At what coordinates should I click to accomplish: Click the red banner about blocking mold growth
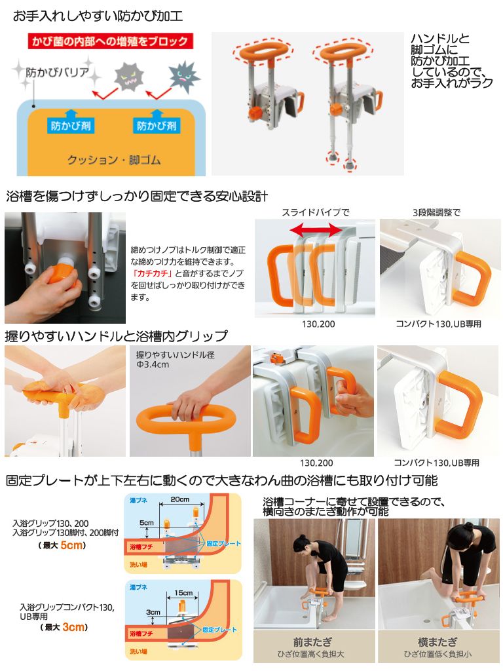(110, 41)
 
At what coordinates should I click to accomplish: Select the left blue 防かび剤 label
(71, 126)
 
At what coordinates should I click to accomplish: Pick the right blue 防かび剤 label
(157, 126)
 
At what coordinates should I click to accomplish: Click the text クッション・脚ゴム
(114, 160)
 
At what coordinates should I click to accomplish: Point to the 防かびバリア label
(57, 72)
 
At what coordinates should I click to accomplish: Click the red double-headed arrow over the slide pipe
(316, 231)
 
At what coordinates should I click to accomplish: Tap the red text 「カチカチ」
(152, 273)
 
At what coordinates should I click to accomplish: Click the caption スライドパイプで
(316, 212)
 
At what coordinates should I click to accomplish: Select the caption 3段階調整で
(436, 212)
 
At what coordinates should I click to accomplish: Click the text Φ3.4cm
(153, 365)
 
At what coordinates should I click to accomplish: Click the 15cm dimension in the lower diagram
(183, 592)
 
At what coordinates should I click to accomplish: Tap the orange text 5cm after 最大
(72, 545)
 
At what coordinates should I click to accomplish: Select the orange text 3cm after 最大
(73, 627)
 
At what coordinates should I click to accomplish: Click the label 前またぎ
(312, 642)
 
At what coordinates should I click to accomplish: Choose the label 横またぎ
(437, 642)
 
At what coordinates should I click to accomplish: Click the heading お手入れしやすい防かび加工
(98, 16)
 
